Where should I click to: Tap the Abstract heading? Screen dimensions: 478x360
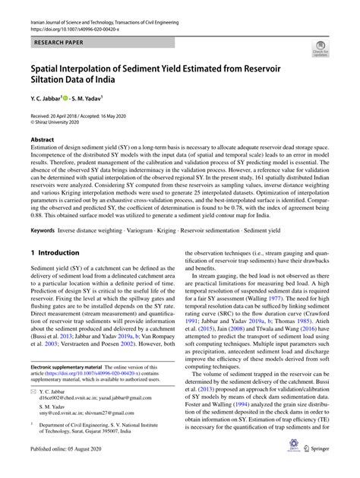click(x=43, y=140)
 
